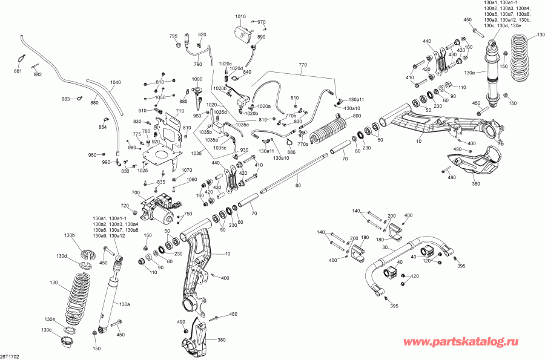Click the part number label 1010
click(x=240, y=16)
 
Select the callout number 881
click(x=18, y=71)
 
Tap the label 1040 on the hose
click(x=116, y=82)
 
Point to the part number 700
click(x=136, y=192)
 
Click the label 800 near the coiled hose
click(x=357, y=116)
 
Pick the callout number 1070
click(x=187, y=170)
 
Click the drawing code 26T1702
click(x=9, y=356)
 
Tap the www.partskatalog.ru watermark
click(x=461, y=342)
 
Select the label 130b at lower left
click(x=69, y=235)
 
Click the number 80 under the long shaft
click(x=298, y=185)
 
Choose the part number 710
click(x=180, y=111)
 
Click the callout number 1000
click(x=197, y=79)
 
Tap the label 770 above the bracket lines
click(x=303, y=65)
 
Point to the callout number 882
click(x=38, y=74)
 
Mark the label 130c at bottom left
click(x=46, y=330)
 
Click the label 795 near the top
click(x=173, y=36)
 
